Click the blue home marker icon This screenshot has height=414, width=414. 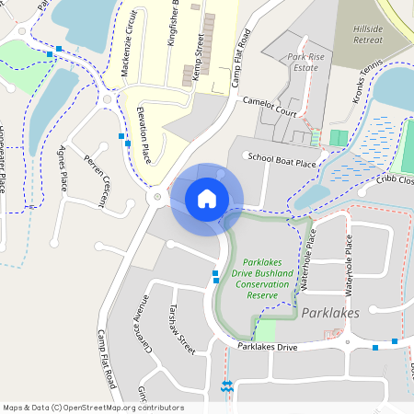[x=207, y=198]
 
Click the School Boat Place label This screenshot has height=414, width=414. [x=282, y=160]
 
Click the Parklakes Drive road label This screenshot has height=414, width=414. [x=268, y=347]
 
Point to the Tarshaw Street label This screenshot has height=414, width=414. [x=181, y=330]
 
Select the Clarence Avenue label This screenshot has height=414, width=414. [x=142, y=325]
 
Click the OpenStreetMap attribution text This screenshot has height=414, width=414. [x=94, y=407]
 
